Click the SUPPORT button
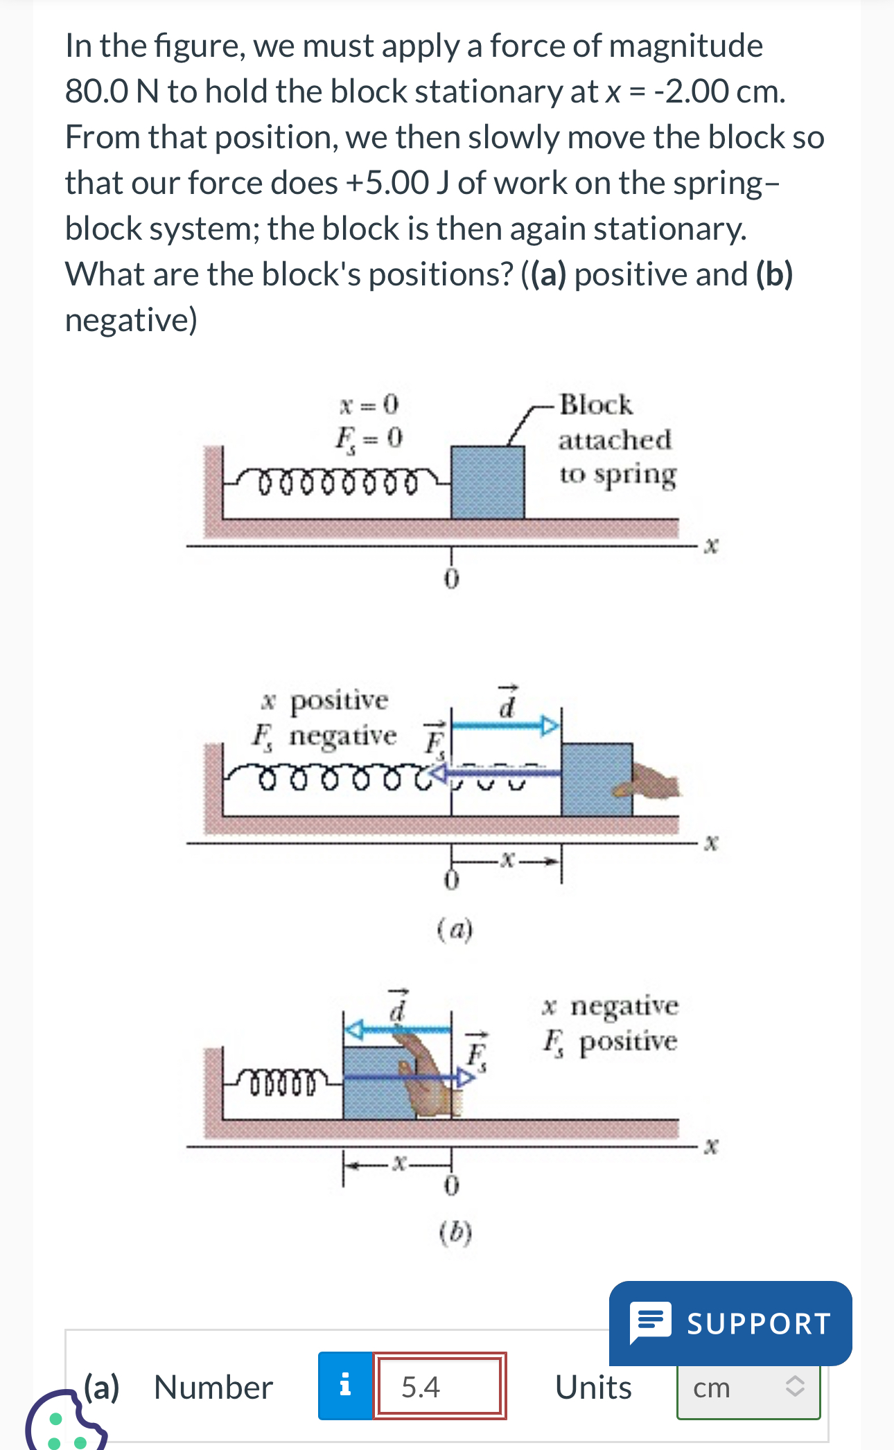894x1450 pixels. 730,1323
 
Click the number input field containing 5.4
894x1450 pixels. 439,1386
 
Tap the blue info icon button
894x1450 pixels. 345,1386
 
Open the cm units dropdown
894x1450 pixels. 748,1388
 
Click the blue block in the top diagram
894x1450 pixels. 487,482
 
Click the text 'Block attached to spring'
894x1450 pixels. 615,439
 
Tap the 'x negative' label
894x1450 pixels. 611,1006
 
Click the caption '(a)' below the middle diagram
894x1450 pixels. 455,928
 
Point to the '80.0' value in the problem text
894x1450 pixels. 96,91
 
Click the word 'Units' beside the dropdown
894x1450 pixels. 593,1388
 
